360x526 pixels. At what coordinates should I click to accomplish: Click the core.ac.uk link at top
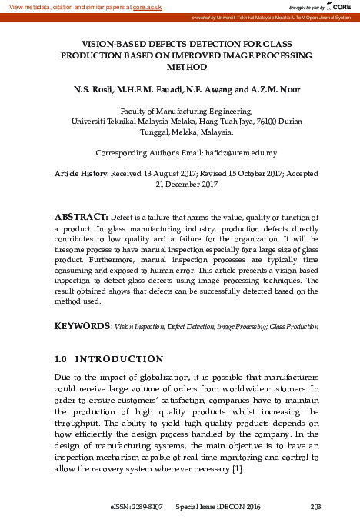148,6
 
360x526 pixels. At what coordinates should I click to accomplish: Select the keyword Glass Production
294,327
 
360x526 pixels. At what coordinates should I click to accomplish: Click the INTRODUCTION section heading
121,359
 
